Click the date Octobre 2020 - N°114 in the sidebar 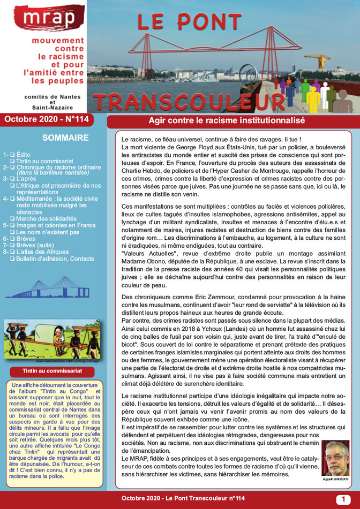click(47, 119)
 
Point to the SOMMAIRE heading click(65, 138)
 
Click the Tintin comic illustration click(52, 339)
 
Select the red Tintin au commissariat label click(52, 370)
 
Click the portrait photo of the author click(335, 459)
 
